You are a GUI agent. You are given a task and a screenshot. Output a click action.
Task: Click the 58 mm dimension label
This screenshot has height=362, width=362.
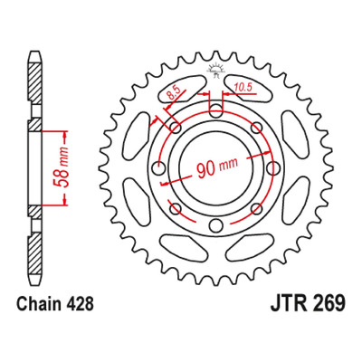point(61,167)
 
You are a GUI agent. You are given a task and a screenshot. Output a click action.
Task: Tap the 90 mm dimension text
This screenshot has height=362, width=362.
point(217,167)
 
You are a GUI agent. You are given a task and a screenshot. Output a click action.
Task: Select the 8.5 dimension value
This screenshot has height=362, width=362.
point(174,93)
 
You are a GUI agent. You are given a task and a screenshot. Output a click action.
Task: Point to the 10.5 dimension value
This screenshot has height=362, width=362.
point(243,88)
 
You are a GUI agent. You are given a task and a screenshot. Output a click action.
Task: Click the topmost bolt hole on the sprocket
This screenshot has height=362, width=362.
point(215,110)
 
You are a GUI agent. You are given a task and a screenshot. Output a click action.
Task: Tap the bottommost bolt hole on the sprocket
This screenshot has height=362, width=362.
point(215,225)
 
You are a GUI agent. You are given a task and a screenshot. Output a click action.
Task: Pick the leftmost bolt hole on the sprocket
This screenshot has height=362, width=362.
point(157,167)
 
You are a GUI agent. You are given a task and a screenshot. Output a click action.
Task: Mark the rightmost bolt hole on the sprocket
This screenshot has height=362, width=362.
point(272,167)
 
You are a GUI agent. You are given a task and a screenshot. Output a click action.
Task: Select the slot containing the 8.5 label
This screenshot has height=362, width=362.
point(183,88)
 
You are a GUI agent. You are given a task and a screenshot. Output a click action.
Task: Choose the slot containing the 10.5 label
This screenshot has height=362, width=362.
point(248,88)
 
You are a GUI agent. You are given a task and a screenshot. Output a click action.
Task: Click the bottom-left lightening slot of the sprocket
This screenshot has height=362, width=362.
point(183,248)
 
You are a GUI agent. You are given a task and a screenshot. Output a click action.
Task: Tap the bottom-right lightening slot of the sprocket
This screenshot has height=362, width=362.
point(248,248)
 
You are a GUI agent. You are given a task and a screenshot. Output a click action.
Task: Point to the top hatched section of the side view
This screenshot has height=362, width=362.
point(35,82)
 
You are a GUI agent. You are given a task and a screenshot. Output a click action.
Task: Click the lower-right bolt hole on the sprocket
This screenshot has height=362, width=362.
point(256,208)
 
